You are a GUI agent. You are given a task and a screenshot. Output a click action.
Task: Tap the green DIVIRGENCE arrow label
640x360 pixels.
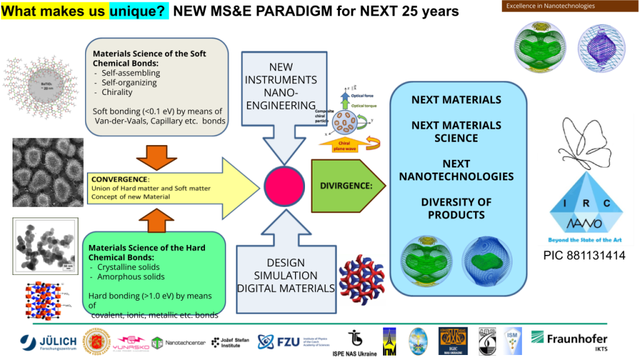click(x=346, y=186)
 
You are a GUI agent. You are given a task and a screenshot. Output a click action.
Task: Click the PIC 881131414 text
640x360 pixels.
click(x=584, y=256)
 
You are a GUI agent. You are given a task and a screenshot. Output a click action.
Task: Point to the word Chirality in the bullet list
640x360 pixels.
click(x=117, y=92)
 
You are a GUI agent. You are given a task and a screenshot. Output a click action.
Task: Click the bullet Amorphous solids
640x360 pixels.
click(x=131, y=276)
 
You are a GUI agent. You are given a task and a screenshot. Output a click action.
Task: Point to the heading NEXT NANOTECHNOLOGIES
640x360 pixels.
click(x=456, y=170)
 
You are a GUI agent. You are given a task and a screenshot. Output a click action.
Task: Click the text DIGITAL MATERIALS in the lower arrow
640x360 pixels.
click(x=286, y=288)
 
